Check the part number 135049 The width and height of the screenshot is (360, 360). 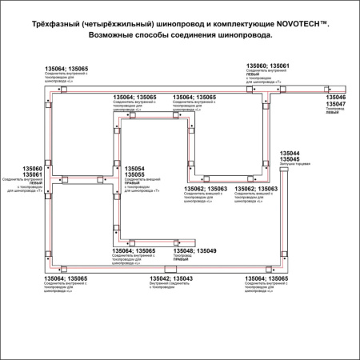206,251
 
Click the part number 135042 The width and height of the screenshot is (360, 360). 160,278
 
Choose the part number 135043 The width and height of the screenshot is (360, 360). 182,278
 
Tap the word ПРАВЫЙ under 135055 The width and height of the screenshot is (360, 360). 133,184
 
